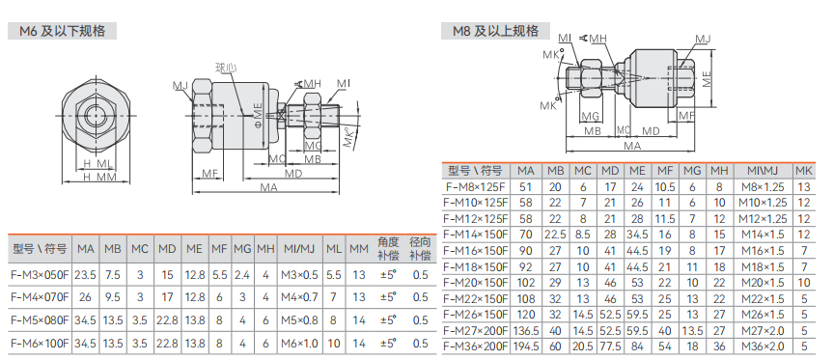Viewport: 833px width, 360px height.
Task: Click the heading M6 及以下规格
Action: (x=62, y=31)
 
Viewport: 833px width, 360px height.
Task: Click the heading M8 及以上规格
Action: (x=496, y=31)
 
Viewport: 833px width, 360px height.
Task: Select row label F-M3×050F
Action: (x=41, y=274)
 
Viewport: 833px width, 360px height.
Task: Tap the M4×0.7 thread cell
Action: (x=298, y=297)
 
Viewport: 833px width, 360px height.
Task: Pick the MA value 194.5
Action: (x=526, y=346)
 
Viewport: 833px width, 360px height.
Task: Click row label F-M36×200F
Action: (x=476, y=346)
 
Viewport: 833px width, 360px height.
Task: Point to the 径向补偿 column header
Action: (x=420, y=248)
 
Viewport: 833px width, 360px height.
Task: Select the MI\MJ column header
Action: (x=763, y=171)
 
